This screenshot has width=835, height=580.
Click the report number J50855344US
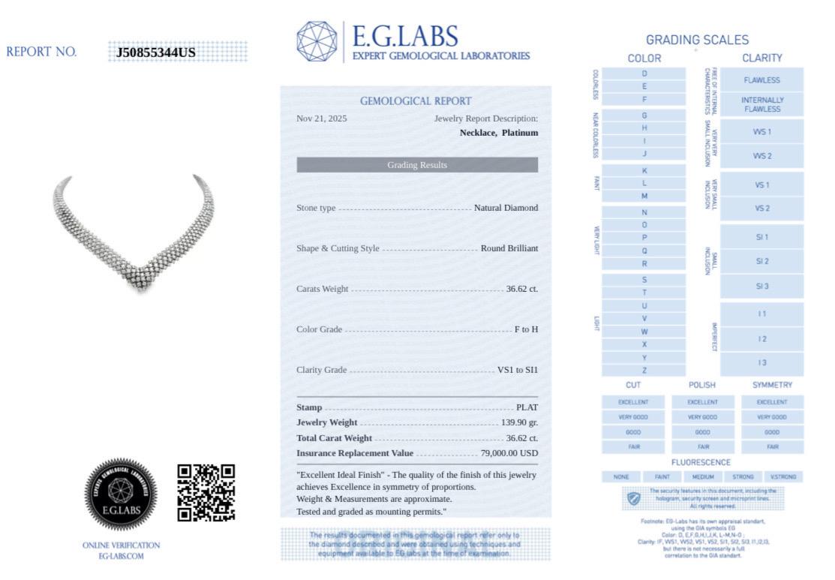point(156,53)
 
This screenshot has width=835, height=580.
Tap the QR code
point(206,492)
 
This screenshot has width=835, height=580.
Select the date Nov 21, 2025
point(322,119)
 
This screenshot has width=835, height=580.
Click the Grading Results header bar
point(417,165)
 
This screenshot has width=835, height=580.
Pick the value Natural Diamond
point(506,208)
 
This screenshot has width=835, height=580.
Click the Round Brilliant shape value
point(509,248)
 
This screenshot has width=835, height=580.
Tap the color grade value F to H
point(526,329)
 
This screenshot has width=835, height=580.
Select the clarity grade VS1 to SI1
point(518,370)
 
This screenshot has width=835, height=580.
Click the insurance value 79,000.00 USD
point(509,452)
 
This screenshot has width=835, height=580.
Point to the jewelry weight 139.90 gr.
point(520,423)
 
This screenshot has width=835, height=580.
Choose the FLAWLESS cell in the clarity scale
point(762,80)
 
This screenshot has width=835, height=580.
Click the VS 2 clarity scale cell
point(762,209)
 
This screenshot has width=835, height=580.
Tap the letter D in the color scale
point(644,74)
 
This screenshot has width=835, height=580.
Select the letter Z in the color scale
point(644,370)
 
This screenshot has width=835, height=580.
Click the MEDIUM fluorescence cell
point(703,476)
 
